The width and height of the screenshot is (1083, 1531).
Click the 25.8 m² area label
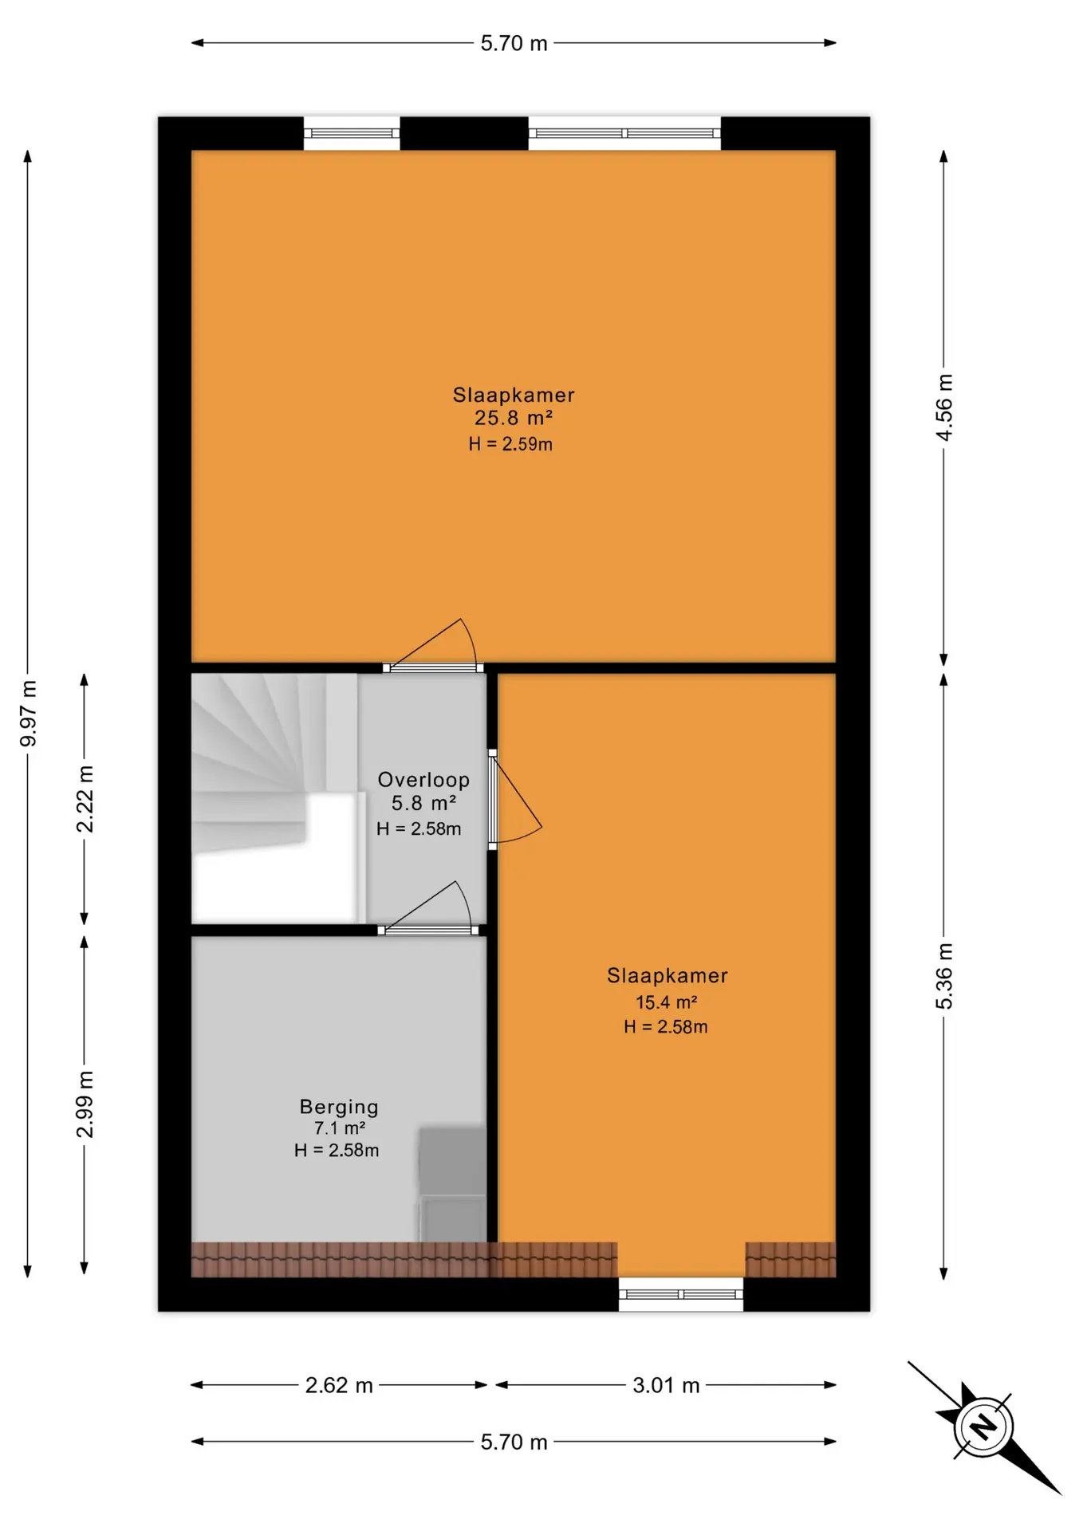[x=514, y=418]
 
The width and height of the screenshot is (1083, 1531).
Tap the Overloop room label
[x=423, y=780]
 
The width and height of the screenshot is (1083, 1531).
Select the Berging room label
[x=339, y=1107]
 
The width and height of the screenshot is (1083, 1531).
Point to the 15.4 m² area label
[x=666, y=1002]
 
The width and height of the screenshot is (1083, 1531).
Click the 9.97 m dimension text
[x=28, y=714]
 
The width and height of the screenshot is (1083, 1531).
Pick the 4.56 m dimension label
[x=943, y=407]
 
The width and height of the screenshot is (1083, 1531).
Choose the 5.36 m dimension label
[x=943, y=976]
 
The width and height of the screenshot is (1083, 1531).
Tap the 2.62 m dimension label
[x=339, y=1385]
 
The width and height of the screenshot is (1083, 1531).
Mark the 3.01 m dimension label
[x=666, y=1385]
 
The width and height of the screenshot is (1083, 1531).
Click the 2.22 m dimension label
[x=85, y=799]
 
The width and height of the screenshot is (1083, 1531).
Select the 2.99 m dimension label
[x=85, y=1105]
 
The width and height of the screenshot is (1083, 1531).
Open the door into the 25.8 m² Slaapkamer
[x=433, y=646]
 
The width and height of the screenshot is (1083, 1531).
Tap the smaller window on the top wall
[x=352, y=133]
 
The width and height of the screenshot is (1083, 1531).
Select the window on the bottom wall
[x=681, y=1294]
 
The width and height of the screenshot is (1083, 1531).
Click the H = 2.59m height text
[x=510, y=444]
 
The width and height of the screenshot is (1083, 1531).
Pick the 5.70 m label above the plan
[x=514, y=43]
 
